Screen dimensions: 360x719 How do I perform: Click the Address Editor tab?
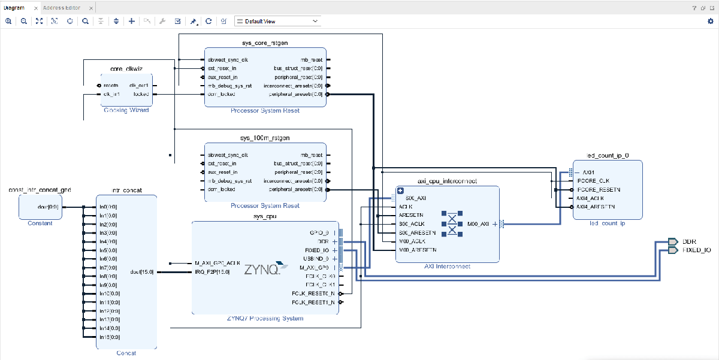62,8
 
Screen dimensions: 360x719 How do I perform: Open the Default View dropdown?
277,21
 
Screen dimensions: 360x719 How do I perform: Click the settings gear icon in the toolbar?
711,21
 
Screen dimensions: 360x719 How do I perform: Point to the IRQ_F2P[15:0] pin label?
213,272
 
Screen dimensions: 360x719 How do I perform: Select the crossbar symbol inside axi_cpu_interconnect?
452,223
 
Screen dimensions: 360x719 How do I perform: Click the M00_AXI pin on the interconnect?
478,224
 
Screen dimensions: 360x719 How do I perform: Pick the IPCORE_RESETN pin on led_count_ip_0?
598,189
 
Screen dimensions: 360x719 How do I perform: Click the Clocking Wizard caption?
126,110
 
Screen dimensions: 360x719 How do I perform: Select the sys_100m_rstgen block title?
265,138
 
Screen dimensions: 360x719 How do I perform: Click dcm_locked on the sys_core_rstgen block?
221,94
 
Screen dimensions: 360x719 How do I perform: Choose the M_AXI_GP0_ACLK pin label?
217,263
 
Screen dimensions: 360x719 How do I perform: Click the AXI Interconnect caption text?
447,267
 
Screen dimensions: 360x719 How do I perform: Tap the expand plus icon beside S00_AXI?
400,190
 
